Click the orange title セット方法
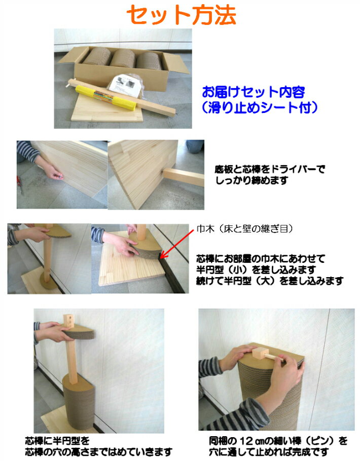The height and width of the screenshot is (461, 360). pyautogui.click(x=181, y=15)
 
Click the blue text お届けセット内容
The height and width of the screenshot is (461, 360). pyautogui.click(x=254, y=92)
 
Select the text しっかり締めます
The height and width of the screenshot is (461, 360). pyautogui.click(x=251, y=180)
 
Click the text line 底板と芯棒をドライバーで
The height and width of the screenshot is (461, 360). pyautogui.click(x=270, y=169)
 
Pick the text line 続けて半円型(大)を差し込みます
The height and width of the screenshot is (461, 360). pyautogui.click(x=270, y=281)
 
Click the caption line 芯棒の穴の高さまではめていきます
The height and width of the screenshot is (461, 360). pyautogui.click(x=98, y=451)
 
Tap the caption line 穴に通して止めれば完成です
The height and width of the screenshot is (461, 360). pyautogui.click(x=269, y=451)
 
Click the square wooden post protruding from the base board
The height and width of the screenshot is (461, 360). pyautogui.click(x=183, y=177)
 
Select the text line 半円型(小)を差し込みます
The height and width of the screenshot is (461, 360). pyautogui.click(x=256, y=270)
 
